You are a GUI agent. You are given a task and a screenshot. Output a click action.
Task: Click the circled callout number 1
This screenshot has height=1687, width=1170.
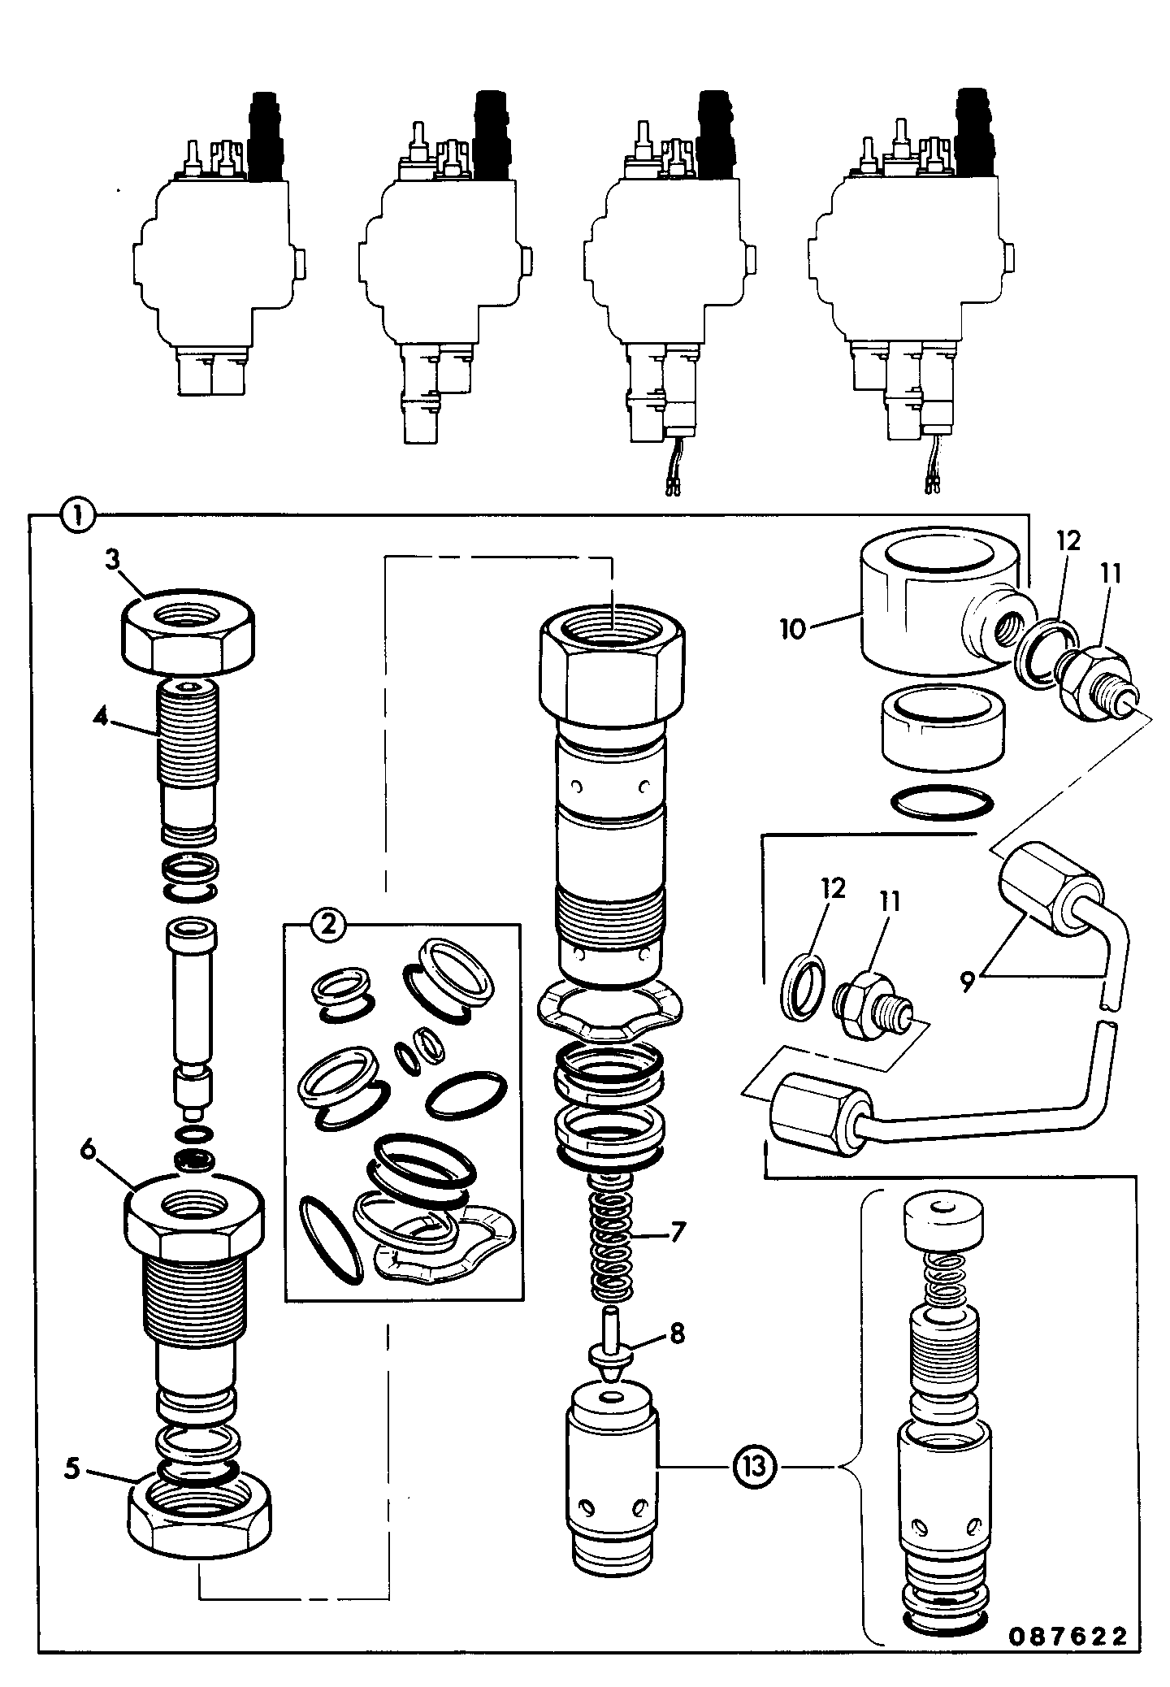(x=79, y=514)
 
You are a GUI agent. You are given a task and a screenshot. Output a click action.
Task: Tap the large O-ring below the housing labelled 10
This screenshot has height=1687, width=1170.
(x=942, y=803)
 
